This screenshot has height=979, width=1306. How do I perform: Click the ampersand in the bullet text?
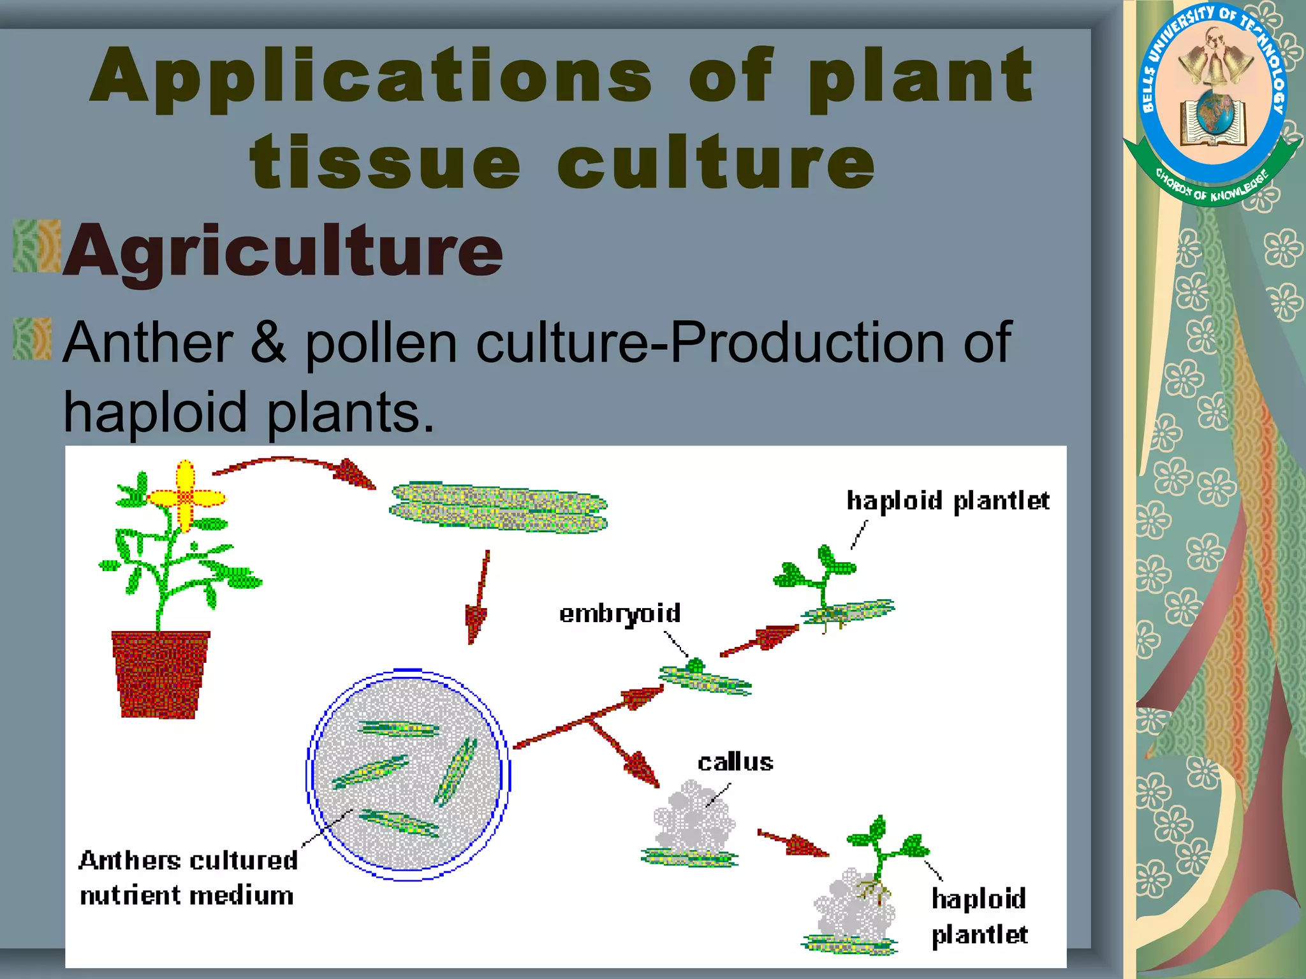[x=268, y=342]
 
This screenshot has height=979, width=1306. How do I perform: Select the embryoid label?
[x=620, y=613]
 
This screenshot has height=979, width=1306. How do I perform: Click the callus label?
[x=735, y=762]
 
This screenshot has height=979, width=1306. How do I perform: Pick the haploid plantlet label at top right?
[x=947, y=501]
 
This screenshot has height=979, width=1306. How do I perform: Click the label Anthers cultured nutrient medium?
[x=188, y=878]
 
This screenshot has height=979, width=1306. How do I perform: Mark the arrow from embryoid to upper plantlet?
[x=759, y=640]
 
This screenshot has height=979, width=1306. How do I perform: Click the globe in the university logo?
[x=1214, y=111]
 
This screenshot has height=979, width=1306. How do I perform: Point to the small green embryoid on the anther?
[x=695, y=667]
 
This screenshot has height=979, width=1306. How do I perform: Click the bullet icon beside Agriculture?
[x=37, y=246]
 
